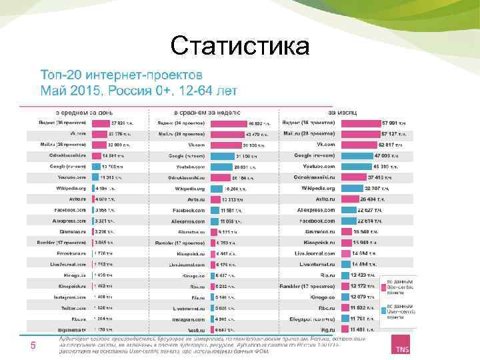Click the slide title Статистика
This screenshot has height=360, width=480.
(x=240, y=46)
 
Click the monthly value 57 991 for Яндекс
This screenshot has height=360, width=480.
(x=393, y=123)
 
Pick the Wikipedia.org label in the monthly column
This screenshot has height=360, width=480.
(x=317, y=189)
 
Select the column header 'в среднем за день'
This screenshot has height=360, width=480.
(x=83, y=112)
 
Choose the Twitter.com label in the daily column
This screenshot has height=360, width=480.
(x=74, y=309)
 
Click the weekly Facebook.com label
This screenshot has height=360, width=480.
(x=189, y=211)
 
